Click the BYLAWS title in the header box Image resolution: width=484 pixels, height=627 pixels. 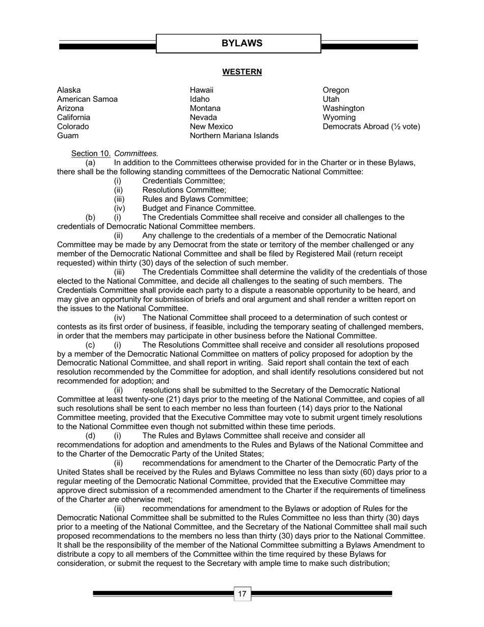point(242,43)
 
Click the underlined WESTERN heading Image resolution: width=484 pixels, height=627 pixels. point(242,72)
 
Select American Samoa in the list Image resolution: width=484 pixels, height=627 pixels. point(87,99)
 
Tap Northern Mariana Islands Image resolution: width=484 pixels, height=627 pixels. point(234,136)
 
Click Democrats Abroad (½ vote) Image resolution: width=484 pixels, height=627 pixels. point(371,126)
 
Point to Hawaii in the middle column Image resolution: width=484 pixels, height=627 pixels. point(201,90)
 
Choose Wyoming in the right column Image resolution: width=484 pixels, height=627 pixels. point(339,117)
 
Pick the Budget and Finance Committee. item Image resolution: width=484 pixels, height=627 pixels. point(199,208)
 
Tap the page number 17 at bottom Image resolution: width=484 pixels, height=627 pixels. point(242,594)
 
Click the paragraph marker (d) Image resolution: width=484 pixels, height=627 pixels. point(90,436)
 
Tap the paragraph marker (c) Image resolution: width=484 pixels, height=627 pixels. point(90,345)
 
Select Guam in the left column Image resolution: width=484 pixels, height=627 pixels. point(68,136)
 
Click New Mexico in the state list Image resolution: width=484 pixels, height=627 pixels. point(211,126)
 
